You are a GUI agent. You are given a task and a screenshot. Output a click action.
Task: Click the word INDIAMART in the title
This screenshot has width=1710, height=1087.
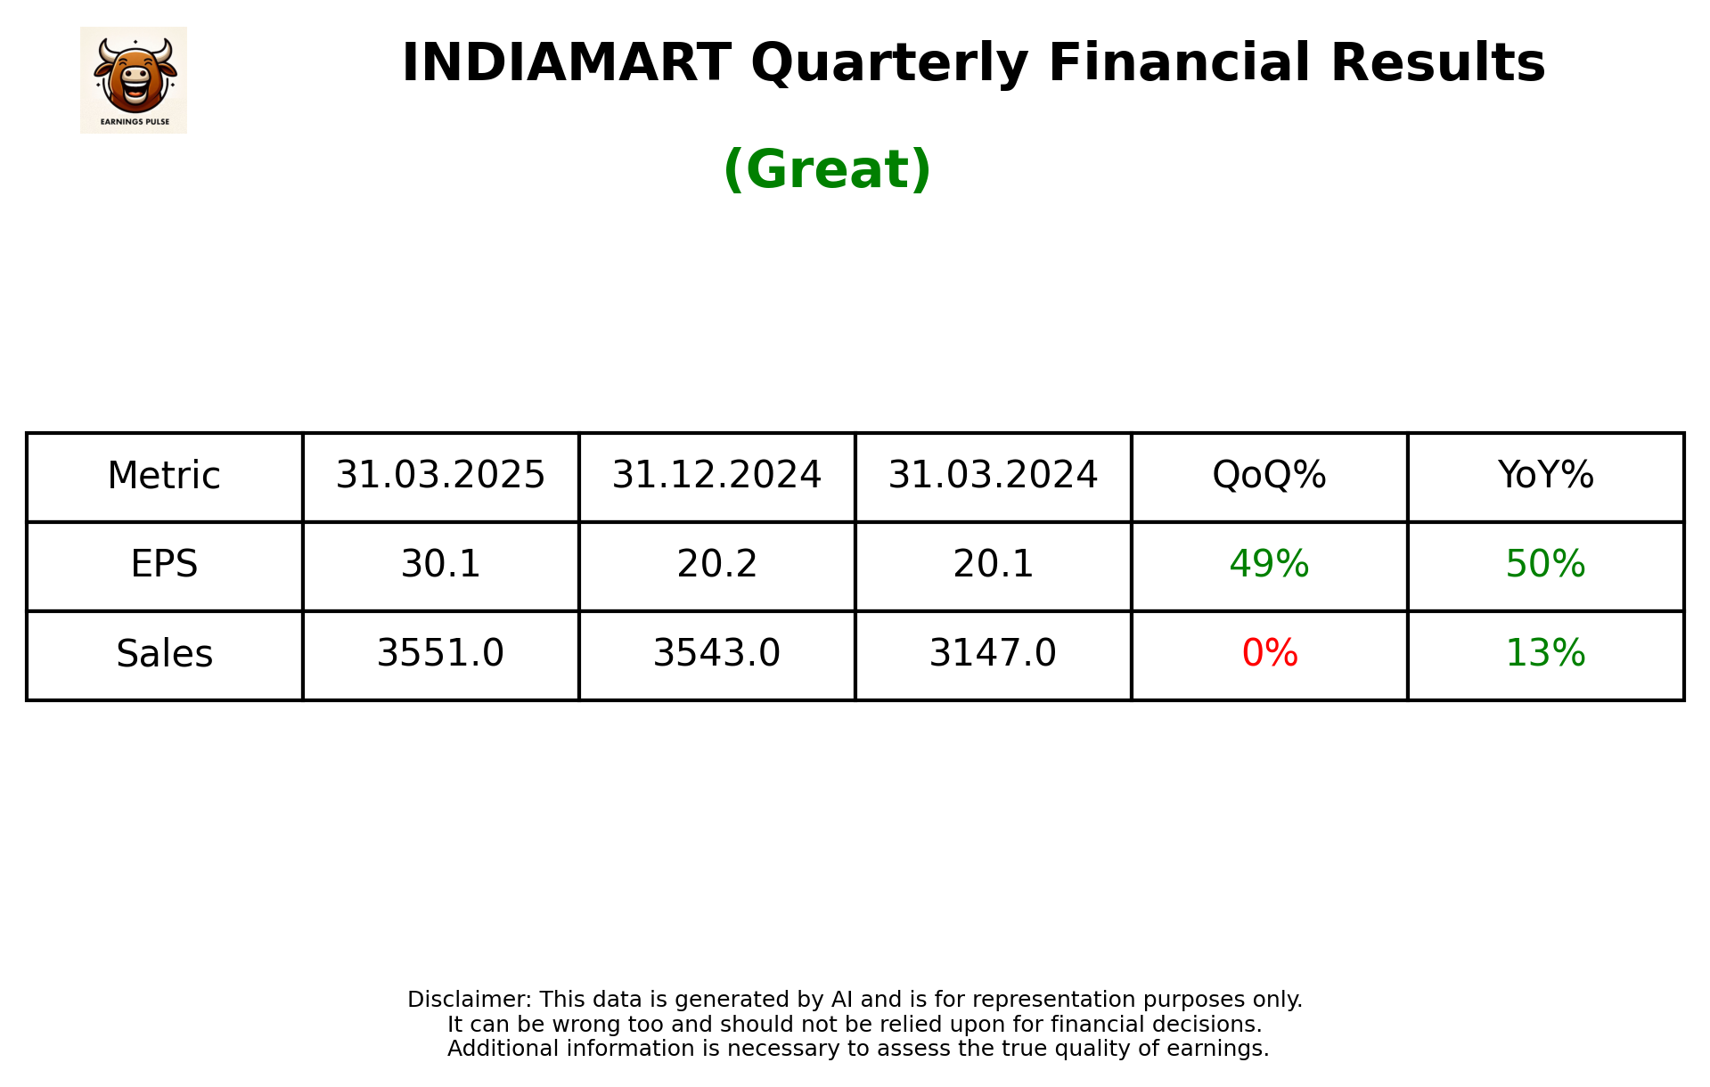566,63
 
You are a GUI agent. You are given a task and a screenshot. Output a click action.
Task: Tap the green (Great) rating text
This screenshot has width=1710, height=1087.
827,169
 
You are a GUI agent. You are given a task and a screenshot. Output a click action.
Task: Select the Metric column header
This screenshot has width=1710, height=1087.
164,476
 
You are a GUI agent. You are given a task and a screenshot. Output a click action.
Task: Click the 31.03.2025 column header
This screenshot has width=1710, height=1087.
440,475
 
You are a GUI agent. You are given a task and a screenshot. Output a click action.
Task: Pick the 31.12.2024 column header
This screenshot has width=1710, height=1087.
716,475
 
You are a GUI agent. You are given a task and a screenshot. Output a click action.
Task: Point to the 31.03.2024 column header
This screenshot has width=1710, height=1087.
993,475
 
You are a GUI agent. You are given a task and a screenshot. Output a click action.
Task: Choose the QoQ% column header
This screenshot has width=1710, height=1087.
1269,475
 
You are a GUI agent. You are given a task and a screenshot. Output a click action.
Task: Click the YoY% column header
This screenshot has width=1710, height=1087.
1545,475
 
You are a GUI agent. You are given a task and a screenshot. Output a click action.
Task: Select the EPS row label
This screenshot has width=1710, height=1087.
164,564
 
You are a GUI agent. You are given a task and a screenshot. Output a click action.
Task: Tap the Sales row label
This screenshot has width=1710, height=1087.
164,654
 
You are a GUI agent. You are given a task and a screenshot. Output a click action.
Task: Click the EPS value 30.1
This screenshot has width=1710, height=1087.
440,564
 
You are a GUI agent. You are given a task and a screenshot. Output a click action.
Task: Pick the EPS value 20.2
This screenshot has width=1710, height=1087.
716,564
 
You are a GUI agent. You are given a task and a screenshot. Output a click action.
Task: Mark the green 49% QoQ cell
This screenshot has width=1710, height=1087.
1269,564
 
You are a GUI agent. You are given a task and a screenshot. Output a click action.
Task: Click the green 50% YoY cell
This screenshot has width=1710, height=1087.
1545,564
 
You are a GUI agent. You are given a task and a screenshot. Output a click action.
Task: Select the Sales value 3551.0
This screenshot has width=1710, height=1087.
440,653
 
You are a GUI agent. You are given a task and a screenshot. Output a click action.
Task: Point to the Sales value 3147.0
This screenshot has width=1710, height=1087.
993,653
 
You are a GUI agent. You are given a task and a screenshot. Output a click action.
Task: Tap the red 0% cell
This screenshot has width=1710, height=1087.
1269,653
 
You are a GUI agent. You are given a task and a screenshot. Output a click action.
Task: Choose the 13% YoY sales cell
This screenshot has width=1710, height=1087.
1545,653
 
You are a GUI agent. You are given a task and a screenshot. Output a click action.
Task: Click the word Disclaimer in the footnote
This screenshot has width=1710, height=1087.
469,1000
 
